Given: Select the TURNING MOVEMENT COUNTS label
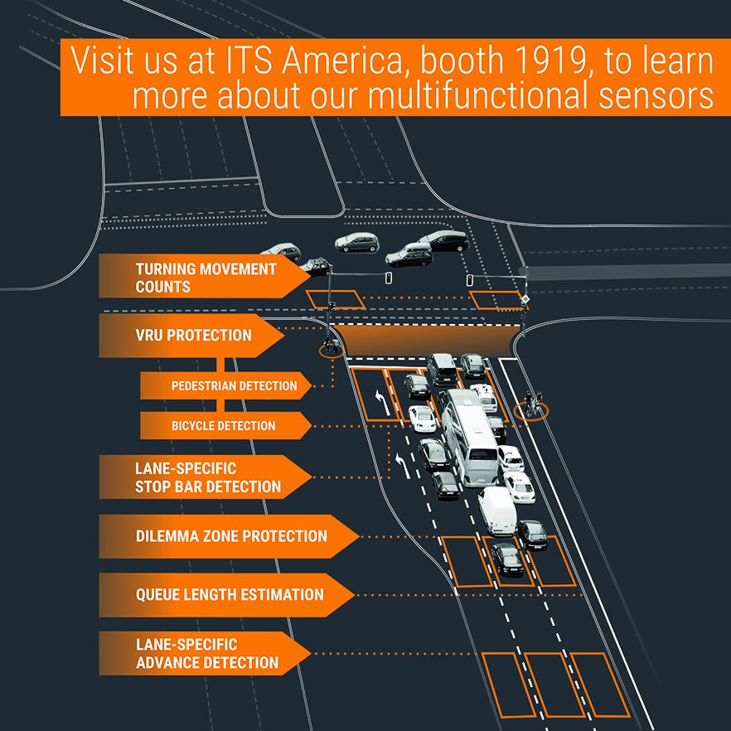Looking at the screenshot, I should click(206, 278).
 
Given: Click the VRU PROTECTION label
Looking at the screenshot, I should click(193, 336).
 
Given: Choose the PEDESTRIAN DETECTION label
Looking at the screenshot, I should click(233, 385).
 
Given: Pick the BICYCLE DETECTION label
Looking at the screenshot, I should click(223, 426).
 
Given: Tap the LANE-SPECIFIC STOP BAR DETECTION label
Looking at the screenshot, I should click(207, 477).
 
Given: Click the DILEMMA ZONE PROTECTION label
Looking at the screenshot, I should click(230, 536).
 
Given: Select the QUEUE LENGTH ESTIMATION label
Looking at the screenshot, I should click(229, 594).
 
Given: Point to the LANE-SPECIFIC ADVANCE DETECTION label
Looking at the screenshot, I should click(206, 654).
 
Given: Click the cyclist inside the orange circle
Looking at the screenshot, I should click(531, 406).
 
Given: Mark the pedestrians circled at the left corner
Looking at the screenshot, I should click(332, 347).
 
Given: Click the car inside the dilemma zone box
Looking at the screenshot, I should click(506, 559).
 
